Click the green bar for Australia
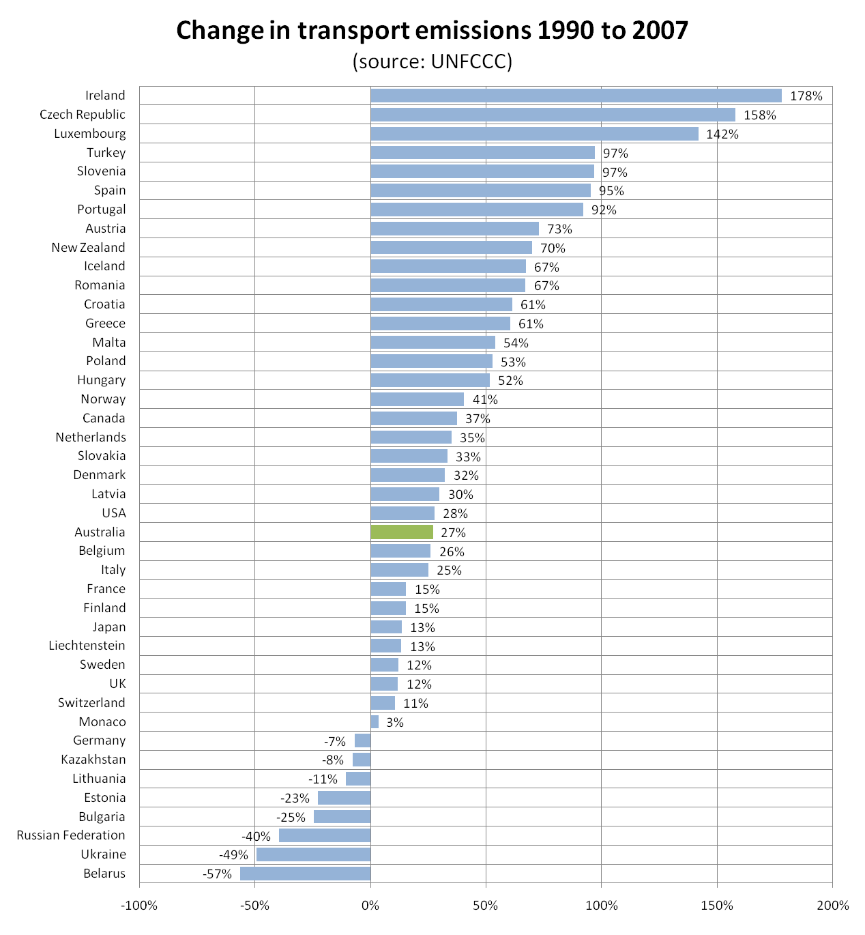402,532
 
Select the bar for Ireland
576,96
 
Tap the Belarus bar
305,874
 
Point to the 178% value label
806,96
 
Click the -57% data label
218,874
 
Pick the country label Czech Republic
83,115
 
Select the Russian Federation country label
71,835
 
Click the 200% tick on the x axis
833,906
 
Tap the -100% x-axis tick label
139,906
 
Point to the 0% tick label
370,906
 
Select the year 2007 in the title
658,31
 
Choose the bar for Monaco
375,722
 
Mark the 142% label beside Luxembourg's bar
722,134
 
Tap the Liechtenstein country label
87,646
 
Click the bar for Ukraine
313,854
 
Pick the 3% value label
395,723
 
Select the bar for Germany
362,740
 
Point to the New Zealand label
88,248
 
